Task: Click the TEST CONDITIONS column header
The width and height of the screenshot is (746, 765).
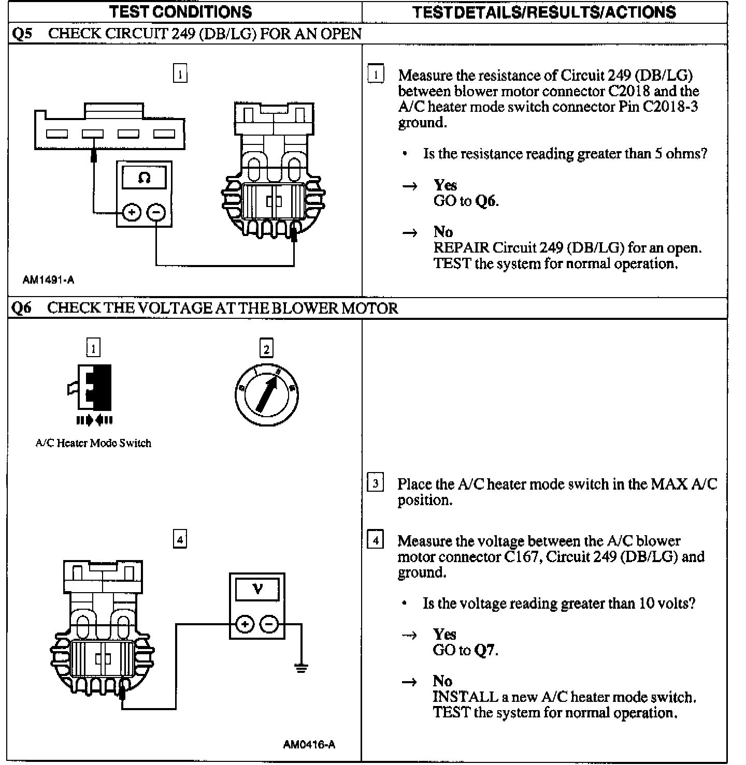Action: (x=181, y=11)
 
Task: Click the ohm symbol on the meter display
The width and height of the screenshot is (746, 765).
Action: (x=144, y=178)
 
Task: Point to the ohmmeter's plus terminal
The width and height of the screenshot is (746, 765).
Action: (x=132, y=212)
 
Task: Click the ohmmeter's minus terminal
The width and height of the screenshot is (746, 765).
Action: (x=156, y=212)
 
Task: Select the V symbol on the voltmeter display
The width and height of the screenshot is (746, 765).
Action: (x=257, y=589)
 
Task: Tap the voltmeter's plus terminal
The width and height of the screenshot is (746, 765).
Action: (x=245, y=624)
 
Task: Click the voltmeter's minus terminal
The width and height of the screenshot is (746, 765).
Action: (x=269, y=624)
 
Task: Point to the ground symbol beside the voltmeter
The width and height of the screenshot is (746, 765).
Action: (x=301, y=668)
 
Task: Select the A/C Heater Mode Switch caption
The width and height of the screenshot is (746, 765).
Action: (x=93, y=443)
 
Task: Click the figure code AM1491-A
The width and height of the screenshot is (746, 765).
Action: (x=48, y=280)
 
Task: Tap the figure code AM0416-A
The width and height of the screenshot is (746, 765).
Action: (x=309, y=745)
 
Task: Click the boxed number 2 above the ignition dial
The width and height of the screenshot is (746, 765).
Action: (x=266, y=349)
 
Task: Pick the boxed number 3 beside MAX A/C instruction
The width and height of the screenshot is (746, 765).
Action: (x=375, y=483)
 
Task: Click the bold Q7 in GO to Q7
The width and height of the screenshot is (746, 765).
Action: (x=485, y=650)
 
